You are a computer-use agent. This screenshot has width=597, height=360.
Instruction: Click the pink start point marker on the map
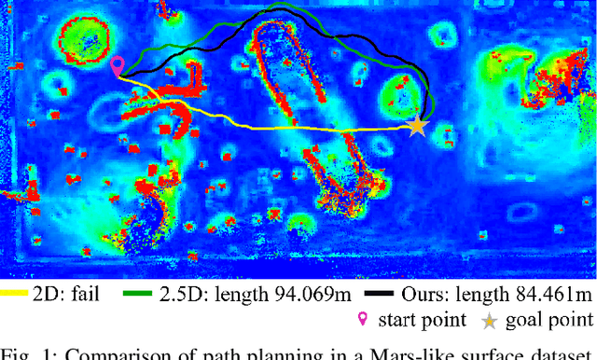[117, 65]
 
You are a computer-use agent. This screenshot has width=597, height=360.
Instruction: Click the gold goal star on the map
[417, 125]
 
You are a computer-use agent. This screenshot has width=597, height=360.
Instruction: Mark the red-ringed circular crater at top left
[86, 42]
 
